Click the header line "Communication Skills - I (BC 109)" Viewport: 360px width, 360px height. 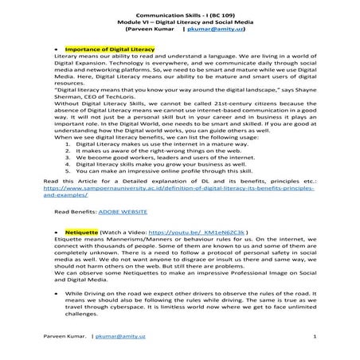pyautogui.click(x=179, y=15)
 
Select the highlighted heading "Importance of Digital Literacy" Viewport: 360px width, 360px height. pyautogui.click(x=109, y=49)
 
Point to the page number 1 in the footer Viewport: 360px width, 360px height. pyautogui.click(x=315, y=337)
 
